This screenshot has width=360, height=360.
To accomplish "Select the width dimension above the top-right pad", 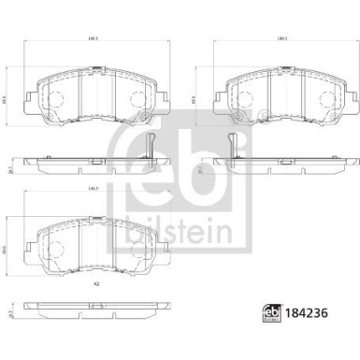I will pyautogui.click(x=281, y=37).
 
